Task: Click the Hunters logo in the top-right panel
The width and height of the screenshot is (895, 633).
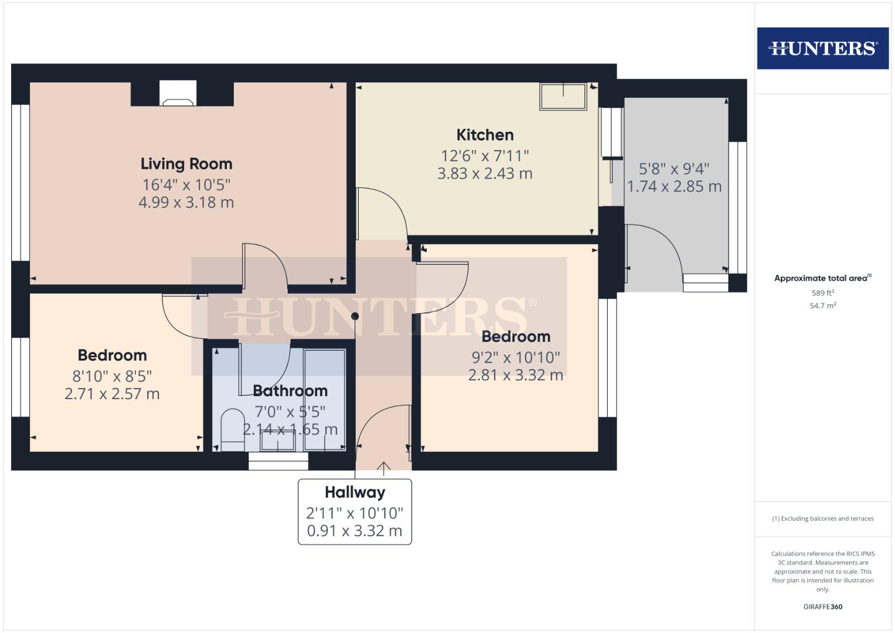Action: [822, 48]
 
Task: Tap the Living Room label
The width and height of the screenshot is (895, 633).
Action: [186, 164]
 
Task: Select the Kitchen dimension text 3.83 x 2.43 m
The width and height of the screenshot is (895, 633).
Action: [485, 173]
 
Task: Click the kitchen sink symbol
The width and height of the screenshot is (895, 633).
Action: [563, 96]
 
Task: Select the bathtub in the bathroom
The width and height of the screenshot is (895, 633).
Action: [325, 399]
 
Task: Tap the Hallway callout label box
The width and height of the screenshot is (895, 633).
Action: [355, 511]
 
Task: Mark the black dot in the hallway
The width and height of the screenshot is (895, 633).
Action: [355, 316]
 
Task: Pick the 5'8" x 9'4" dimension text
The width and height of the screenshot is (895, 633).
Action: [674, 169]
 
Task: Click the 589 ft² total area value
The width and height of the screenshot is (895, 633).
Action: [822, 293]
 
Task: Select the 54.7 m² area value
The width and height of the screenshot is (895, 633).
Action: [822, 305]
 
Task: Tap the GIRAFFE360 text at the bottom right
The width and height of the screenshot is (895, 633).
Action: [822, 607]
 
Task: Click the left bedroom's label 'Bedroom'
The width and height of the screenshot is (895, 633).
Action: [112, 355]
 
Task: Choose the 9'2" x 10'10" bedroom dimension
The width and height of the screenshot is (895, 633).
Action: [516, 357]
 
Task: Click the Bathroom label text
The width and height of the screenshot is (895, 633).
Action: [290, 391]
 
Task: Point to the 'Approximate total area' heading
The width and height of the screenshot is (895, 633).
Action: [822, 278]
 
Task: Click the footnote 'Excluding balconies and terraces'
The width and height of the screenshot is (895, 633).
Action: [822, 519]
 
